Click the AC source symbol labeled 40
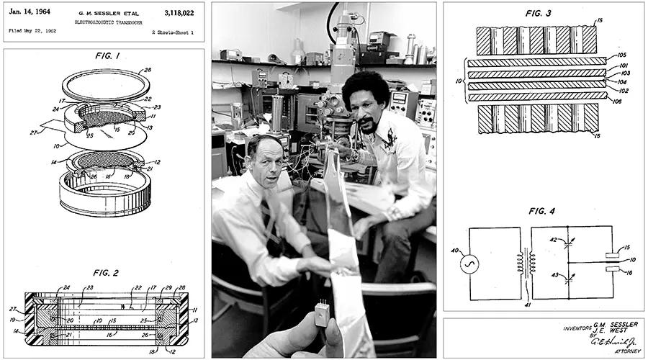(469, 264)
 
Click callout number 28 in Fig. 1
(148, 70)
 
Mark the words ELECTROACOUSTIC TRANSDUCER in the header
(105, 22)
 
